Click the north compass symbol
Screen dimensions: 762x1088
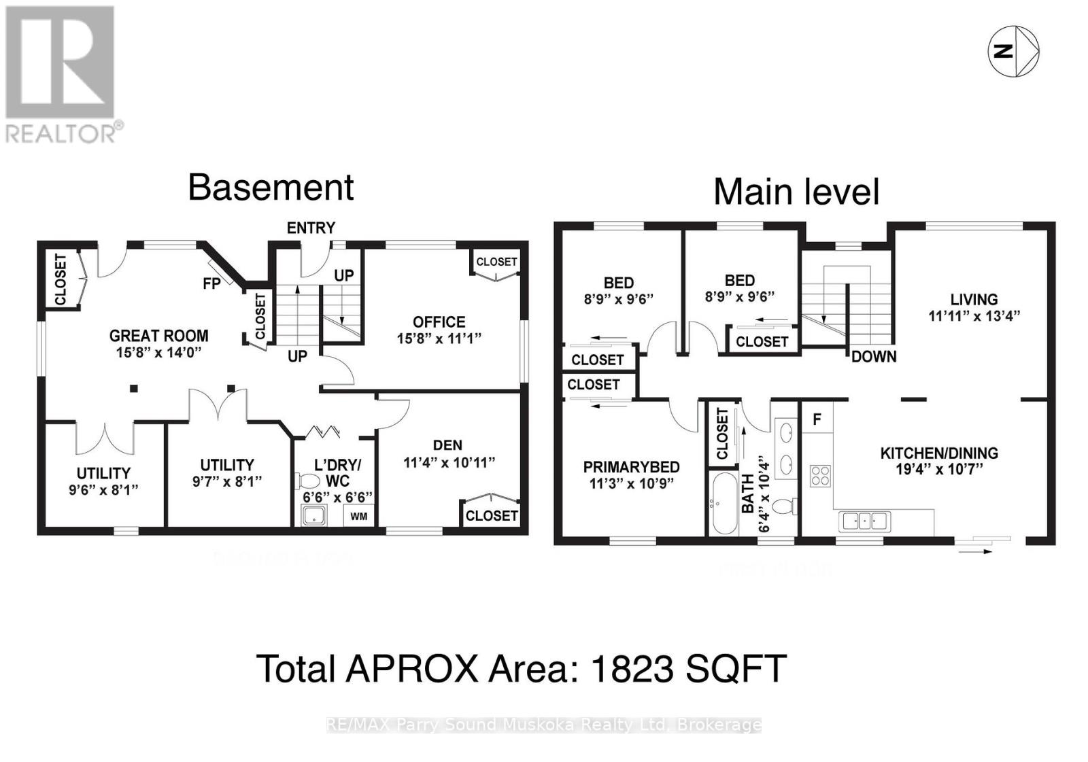point(1013,51)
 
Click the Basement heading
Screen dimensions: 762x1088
point(271,188)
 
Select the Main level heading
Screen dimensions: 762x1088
point(796,192)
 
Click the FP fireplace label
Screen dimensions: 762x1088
point(211,283)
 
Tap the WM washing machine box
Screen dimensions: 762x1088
point(359,516)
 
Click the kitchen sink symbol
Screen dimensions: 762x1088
point(864,521)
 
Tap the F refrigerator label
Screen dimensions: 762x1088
point(817,419)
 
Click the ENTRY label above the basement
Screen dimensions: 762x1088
point(311,228)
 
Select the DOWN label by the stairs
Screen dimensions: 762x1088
point(874,356)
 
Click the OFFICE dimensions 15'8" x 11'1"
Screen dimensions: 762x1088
point(439,338)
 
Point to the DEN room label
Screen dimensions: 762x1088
point(447,445)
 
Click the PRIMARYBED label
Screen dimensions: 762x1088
point(631,467)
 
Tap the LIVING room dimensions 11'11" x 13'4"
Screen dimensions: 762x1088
point(974,315)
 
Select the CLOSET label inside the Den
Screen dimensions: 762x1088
point(491,516)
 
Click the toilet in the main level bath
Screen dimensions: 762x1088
point(785,506)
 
